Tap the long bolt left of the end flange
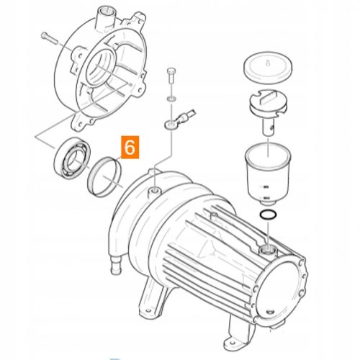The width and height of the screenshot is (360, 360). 50,37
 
